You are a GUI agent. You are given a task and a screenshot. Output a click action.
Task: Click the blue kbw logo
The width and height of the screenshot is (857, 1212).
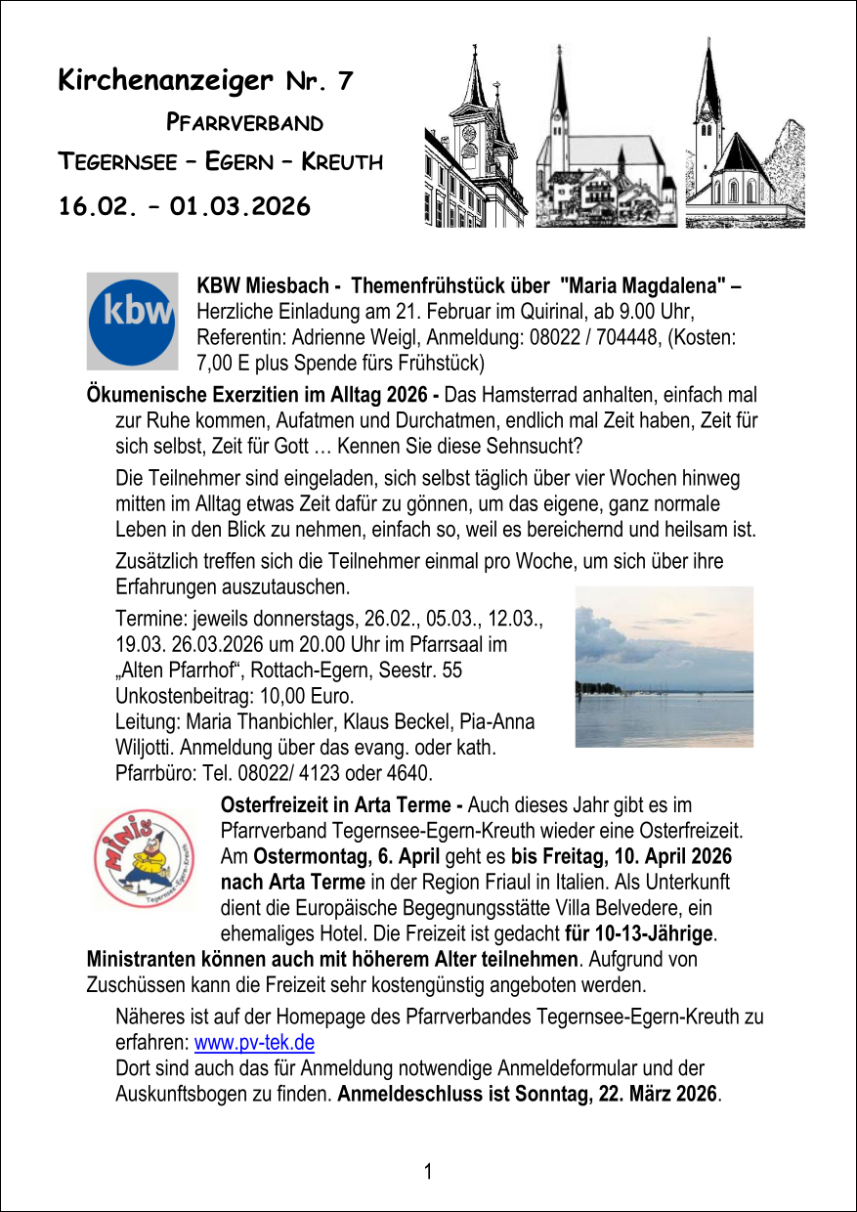[x=133, y=321]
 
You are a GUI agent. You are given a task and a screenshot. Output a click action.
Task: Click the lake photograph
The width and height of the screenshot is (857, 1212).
[x=664, y=667]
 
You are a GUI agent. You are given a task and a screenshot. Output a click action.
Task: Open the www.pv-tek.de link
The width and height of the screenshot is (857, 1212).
[x=254, y=1042]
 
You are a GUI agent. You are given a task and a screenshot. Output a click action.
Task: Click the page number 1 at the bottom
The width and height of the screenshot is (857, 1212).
[x=428, y=1170]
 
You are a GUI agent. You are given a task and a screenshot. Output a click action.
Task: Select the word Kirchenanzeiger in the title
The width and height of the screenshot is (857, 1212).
[x=165, y=81]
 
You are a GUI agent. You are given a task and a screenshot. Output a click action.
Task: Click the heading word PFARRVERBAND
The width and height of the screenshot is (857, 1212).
[x=244, y=123]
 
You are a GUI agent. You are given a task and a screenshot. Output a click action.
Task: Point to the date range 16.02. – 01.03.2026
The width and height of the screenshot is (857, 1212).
[x=185, y=206]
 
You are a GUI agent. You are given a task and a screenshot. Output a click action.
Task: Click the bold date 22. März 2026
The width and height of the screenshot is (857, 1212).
[x=654, y=1093]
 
